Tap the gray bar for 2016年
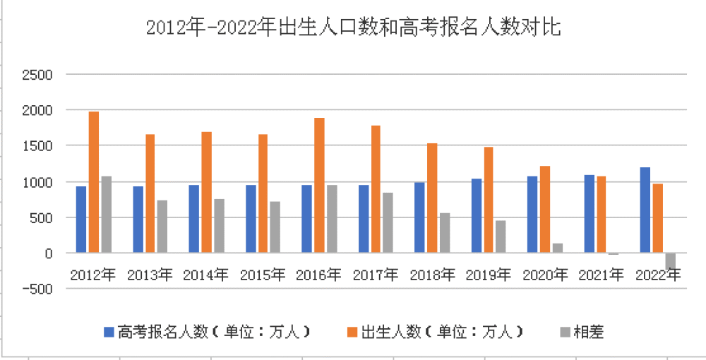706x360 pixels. (x=332, y=219)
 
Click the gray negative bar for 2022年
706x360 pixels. (x=670, y=260)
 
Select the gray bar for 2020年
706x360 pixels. (x=558, y=248)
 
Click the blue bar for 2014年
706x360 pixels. (x=194, y=219)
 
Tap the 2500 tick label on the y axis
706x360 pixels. (x=38, y=74)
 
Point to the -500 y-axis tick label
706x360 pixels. (x=37, y=289)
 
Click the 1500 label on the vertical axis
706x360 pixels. (x=38, y=146)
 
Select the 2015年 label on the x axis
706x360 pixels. (x=262, y=275)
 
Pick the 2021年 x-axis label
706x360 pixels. (x=601, y=275)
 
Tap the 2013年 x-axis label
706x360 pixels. (x=150, y=275)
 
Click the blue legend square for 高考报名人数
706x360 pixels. (x=108, y=331)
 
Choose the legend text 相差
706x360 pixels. (x=588, y=331)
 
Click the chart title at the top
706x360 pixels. (x=352, y=28)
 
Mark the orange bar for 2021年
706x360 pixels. (x=601, y=215)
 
